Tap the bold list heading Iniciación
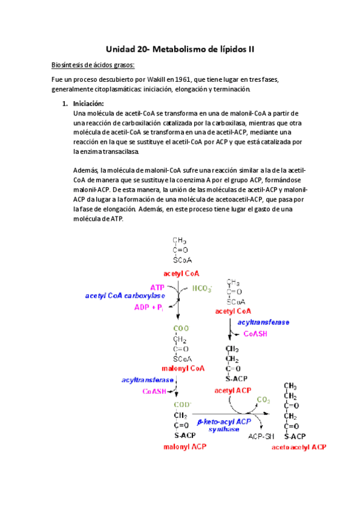88,103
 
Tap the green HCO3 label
202,289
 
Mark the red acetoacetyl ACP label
299,447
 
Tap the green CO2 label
263,399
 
